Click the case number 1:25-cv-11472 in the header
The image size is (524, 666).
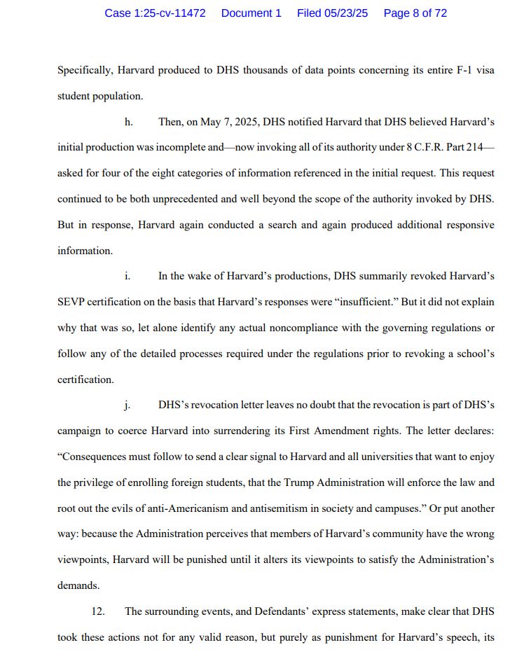coord(155,13)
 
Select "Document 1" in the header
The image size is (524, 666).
coord(251,13)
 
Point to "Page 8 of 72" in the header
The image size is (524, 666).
coord(415,13)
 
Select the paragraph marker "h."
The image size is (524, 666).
coord(128,122)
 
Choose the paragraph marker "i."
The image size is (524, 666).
coord(127,276)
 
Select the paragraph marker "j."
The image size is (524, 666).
coord(127,405)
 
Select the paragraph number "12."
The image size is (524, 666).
coord(98,611)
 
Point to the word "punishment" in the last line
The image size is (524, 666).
coord(347,637)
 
